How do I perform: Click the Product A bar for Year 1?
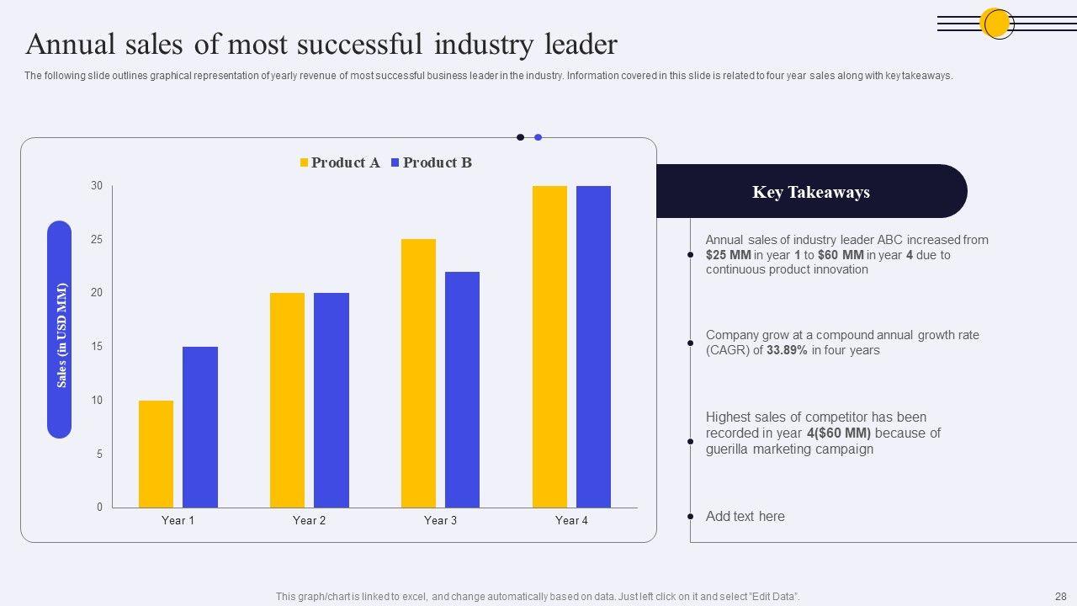(x=156, y=454)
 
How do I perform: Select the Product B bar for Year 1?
(x=200, y=427)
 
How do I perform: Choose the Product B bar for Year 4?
(x=593, y=346)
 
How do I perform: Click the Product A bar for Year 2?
(x=287, y=400)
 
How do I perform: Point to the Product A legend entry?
(x=340, y=162)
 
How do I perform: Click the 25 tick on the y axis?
(x=97, y=240)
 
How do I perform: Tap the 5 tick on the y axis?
(x=99, y=454)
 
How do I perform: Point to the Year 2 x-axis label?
(x=309, y=520)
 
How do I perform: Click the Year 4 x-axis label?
(x=571, y=520)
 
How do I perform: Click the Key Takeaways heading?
(x=810, y=192)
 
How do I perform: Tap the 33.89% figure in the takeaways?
(x=787, y=350)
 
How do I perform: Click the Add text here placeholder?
(x=745, y=516)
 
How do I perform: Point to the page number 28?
(x=1060, y=596)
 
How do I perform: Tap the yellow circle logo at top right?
(x=997, y=24)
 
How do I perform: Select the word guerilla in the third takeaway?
(x=734, y=449)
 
